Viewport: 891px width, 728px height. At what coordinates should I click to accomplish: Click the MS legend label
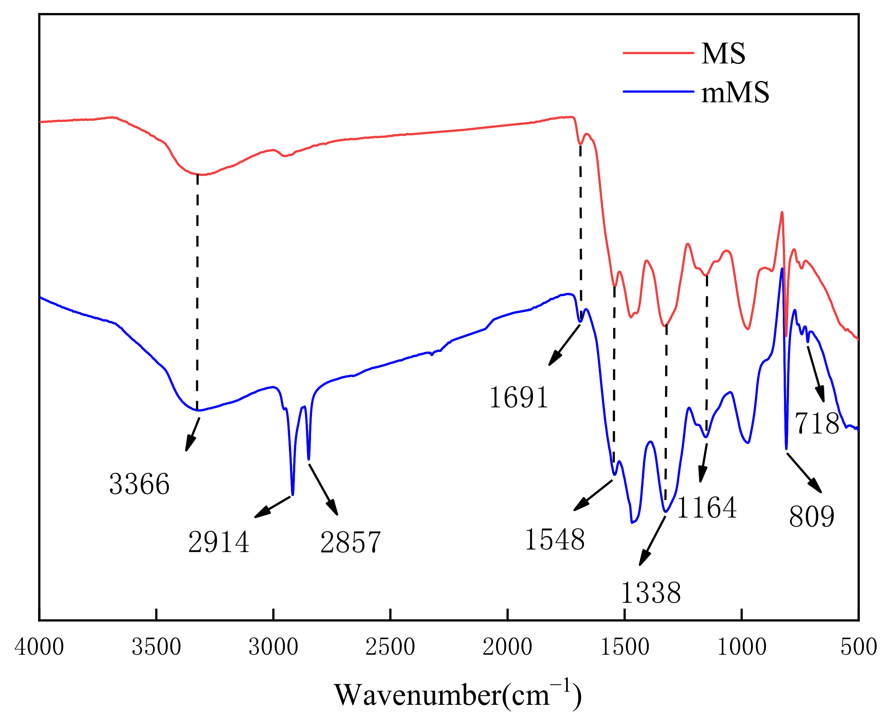(723, 54)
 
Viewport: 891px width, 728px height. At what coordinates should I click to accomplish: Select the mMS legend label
(735, 92)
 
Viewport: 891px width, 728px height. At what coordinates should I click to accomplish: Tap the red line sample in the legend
(658, 53)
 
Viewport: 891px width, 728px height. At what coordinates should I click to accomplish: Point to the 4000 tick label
(39, 647)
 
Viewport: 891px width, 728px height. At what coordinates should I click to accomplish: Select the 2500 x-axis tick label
(390, 647)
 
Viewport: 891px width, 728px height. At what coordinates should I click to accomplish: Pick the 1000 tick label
(742, 647)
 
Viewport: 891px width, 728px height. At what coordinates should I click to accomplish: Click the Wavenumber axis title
(457, 695)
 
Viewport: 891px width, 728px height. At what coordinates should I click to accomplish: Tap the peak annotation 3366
(139, 484)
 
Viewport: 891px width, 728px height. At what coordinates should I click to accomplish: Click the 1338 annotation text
(650, 593)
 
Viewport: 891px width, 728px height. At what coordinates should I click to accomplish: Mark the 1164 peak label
(706, 508)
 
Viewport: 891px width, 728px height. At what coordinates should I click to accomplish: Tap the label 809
(812, 517)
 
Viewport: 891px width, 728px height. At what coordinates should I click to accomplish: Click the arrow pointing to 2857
(323, 489)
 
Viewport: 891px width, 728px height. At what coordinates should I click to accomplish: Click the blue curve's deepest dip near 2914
(292, 494)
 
